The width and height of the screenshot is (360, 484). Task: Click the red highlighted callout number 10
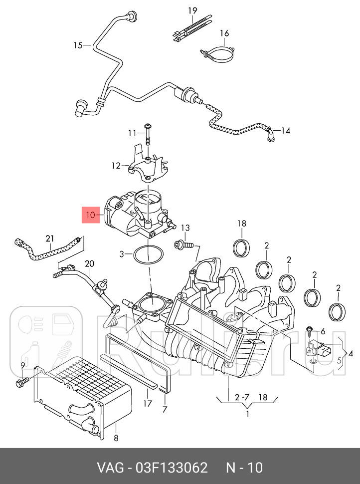pos(90,216)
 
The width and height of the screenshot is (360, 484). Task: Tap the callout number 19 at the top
pos(192,11)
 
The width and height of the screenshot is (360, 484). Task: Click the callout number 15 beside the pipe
pos(78,45)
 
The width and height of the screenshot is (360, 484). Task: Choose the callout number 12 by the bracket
pos(116,165)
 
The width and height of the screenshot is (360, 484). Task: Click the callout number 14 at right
pos(286,131)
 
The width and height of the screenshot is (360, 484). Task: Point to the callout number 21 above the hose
pos(50,239)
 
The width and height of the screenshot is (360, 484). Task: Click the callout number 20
pos(89,263)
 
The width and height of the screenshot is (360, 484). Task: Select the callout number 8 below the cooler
pos(116,439)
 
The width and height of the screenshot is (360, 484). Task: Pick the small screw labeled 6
pos(310,330)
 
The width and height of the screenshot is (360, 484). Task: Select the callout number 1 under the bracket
pos(247,414)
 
